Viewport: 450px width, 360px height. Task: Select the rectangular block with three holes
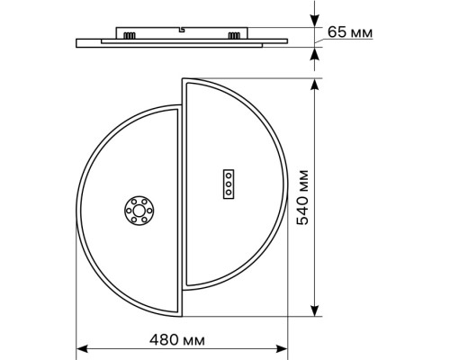[229, 183]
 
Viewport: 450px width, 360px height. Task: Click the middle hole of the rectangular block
[229, 183]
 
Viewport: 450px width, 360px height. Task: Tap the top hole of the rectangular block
[229, 175]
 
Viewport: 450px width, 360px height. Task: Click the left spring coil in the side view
[130, 36]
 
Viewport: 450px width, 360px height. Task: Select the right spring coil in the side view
[236, 36]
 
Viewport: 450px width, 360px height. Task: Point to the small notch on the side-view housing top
[182, 31]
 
